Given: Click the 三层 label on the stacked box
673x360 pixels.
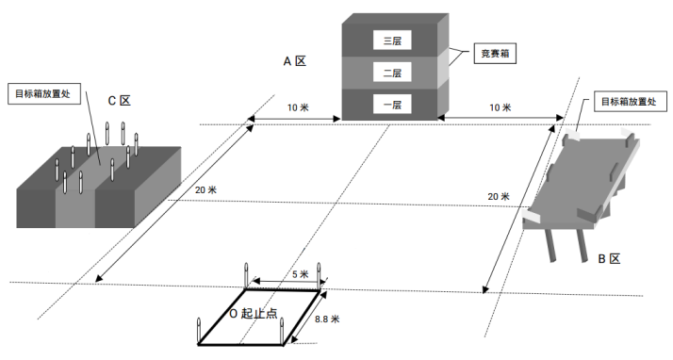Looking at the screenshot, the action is coord(392,41).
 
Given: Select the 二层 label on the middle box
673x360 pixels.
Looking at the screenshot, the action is coord(392,72).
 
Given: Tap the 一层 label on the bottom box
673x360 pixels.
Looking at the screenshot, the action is coord(392,105).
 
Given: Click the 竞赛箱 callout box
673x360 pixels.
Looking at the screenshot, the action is coord(495,53).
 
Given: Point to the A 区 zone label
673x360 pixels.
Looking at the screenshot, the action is coord(295,61).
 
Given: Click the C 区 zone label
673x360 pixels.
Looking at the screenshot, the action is coord(119,101).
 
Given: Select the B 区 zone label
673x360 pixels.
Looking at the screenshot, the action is coord(609,259).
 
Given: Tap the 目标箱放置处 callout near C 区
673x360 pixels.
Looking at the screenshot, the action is coord(43,93).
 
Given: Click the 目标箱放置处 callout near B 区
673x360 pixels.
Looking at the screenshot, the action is coord(630,101).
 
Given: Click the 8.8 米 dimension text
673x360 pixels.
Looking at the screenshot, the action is coord(327,319).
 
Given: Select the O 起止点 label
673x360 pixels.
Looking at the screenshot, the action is coord(254,314).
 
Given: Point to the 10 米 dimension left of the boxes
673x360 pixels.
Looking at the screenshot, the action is coord(298,107).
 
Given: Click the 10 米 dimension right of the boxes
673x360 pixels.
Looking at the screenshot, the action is coord(501,107).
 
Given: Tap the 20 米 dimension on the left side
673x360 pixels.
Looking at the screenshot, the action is coord(205,190).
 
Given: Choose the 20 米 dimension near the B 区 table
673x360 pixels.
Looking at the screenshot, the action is coord(499,197).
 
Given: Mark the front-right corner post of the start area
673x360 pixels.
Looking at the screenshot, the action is coord(282,331).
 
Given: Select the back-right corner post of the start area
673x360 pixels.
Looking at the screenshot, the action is coord(319,276).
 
